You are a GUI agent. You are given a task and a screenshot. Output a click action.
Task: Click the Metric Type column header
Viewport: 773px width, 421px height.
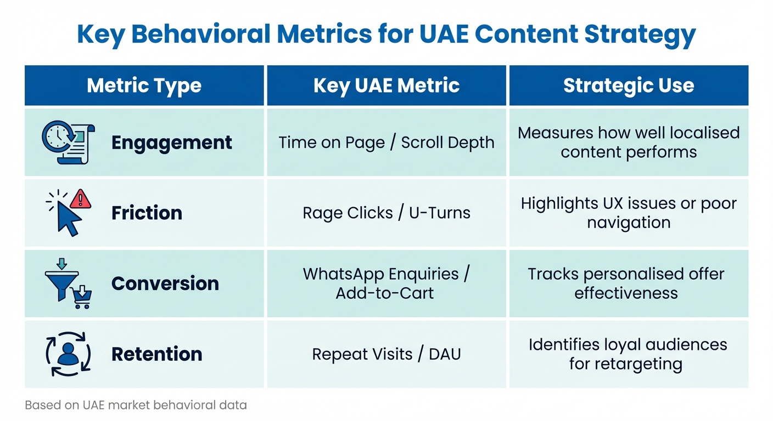click(x=144, y=86)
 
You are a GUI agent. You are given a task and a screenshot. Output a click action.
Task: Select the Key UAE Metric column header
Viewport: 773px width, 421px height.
click(x=386, y=86)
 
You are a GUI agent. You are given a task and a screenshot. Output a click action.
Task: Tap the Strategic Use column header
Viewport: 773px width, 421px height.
click(x=629, y=86)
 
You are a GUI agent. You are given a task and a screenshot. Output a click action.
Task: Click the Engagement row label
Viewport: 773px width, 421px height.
click(x=171, y=143)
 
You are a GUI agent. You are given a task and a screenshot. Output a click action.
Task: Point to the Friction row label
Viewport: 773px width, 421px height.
click(x=147, y=213)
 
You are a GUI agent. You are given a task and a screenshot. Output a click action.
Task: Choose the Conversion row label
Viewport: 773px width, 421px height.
click(x=165, y=283)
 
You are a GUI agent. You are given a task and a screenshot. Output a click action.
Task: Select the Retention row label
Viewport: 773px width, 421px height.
click(x=156, y=354)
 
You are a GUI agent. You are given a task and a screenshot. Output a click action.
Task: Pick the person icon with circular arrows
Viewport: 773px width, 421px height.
click(x=68, y=354)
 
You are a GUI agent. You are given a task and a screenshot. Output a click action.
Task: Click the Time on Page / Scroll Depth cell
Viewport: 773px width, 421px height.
click(x=386, y=143)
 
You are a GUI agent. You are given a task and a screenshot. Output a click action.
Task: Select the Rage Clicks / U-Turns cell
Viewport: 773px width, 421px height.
click(x=386, y=213)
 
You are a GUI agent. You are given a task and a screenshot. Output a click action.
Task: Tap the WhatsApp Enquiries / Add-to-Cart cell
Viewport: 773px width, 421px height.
click(x=386, y=283)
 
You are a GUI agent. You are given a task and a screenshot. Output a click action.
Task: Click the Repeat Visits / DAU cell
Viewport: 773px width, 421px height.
click(x=386, y=354)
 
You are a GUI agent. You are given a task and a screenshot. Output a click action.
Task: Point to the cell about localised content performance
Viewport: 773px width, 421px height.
click(x=629, y=143)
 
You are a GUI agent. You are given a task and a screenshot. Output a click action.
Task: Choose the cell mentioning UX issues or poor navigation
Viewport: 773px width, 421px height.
click(x=629, y=213)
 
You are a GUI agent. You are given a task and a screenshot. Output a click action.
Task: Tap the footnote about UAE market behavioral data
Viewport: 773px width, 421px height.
click(x=136, y=406)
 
